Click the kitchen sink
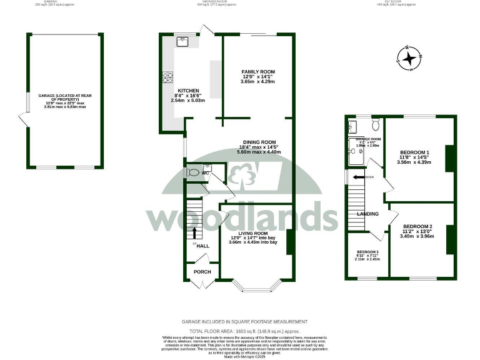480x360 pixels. pyautogui.click(x=183, y=42)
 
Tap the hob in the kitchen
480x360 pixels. pyautogui.click(x=168, y=78)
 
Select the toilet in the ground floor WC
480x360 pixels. pyautogui.click(x=193, y=171)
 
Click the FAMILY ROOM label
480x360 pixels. pyautogui.click(x=258, y=72)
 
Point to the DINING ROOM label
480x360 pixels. pyautogui.click(x=259, y=142)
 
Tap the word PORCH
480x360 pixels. pyautogui.click(x=202, y=272)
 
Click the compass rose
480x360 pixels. pyautogui.click(x=409, y=59)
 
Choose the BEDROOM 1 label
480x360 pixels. pyautogui.click(x=414, y=152)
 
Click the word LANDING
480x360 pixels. pyautogui.click(x=367, y=214)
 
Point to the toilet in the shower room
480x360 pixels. pyautogui.click(x=375, y=123)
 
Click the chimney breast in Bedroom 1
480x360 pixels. pyautogui.click(x=447, y=158)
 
